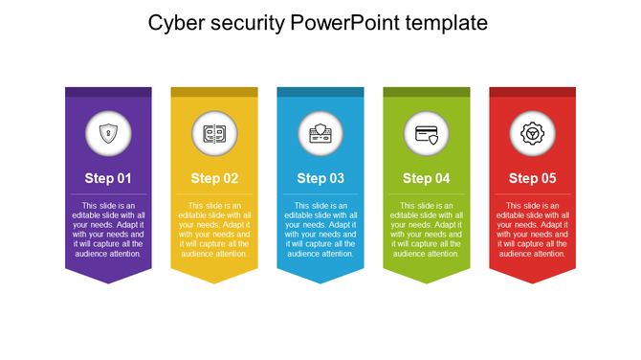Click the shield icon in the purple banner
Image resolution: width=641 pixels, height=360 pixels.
pyautogui.click(x=108, y=133)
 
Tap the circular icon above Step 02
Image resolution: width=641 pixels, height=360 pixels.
pyautogui.click(x=214, y=133)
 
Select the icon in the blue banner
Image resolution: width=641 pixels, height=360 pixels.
pyautogui.click(x=320, y=133)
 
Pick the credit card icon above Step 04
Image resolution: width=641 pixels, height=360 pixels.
pyautogui.click(x=427, y=133)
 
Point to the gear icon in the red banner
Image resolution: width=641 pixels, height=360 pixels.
pyautogui.click(x=533, y=133)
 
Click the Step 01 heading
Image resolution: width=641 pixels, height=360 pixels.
pyautogui.click(x=108, y=178)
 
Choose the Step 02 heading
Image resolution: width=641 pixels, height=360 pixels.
pyautogui.click(x=214, y=178)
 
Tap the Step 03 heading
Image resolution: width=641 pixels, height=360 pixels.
pyautogui.click(x=320, y=178)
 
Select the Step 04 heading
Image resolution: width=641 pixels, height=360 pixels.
pyautogui.click(x=427, y=178)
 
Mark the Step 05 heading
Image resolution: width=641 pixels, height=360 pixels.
pyautogui.click(x=533, y=178)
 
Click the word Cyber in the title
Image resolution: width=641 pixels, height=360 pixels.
pyautogui.click(x=175, y=22)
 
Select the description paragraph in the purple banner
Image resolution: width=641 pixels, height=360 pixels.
pyautogui.click(x=108, y=230)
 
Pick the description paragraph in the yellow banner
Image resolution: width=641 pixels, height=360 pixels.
pyautogui.click(x=214, y=230)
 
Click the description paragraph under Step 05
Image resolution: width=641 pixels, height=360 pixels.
pyautogui.click(x=533, y=230)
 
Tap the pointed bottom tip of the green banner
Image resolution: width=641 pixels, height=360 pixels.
pyautogui.click(x=427, y=281)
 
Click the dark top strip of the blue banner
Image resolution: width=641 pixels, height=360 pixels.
pyautogui.click(x=320, y=92)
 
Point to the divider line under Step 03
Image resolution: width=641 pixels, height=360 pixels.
pyautogui.click(x=320, y=194)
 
